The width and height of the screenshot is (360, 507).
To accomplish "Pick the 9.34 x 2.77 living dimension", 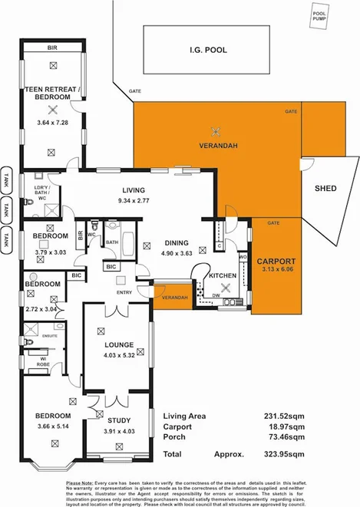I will pos(138,201).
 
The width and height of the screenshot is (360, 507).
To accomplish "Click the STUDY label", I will pos(118,420).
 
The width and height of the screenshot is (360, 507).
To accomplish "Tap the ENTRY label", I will pos(125,292).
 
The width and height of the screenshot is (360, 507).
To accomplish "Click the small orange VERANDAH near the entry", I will pos(171,298).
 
